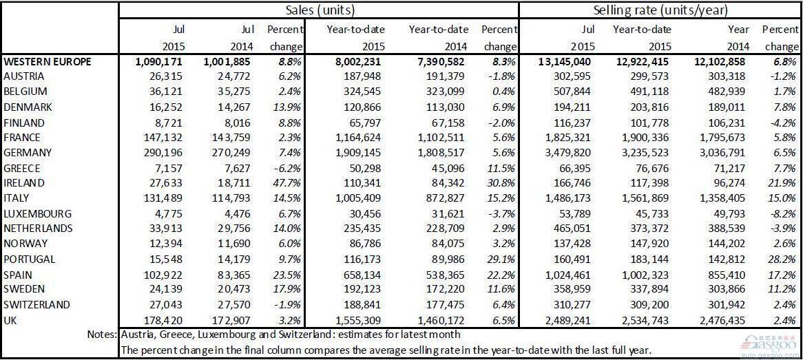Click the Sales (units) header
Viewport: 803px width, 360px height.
(318, 10)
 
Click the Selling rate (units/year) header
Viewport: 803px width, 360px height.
(660, 10)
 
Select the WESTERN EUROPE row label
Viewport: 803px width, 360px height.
(48, 62)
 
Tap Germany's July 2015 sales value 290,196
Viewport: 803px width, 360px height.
(163, 153)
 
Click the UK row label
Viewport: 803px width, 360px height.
(12, 319)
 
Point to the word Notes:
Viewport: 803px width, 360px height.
(102, 335)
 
